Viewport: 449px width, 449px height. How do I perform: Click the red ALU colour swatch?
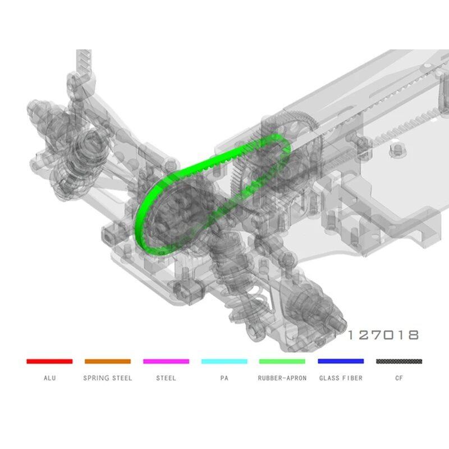[x=49, y=361]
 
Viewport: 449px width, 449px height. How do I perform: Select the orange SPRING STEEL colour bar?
[x=108, y=361]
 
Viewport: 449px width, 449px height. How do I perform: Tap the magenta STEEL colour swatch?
[x=166, y=361]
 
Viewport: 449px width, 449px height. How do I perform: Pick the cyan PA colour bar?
[x=224, y=361]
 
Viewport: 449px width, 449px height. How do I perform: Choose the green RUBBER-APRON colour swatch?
[x=282, y=361]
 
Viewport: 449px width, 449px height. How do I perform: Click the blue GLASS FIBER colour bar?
[x=341, y=361]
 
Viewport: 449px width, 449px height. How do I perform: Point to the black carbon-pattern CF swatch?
[x=399, y=361]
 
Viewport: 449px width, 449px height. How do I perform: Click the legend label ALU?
[x=50, y=378]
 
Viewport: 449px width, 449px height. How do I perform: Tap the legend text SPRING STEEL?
[x=108, y=378]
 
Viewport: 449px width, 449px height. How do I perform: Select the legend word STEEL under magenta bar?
[x=166, y=378]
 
